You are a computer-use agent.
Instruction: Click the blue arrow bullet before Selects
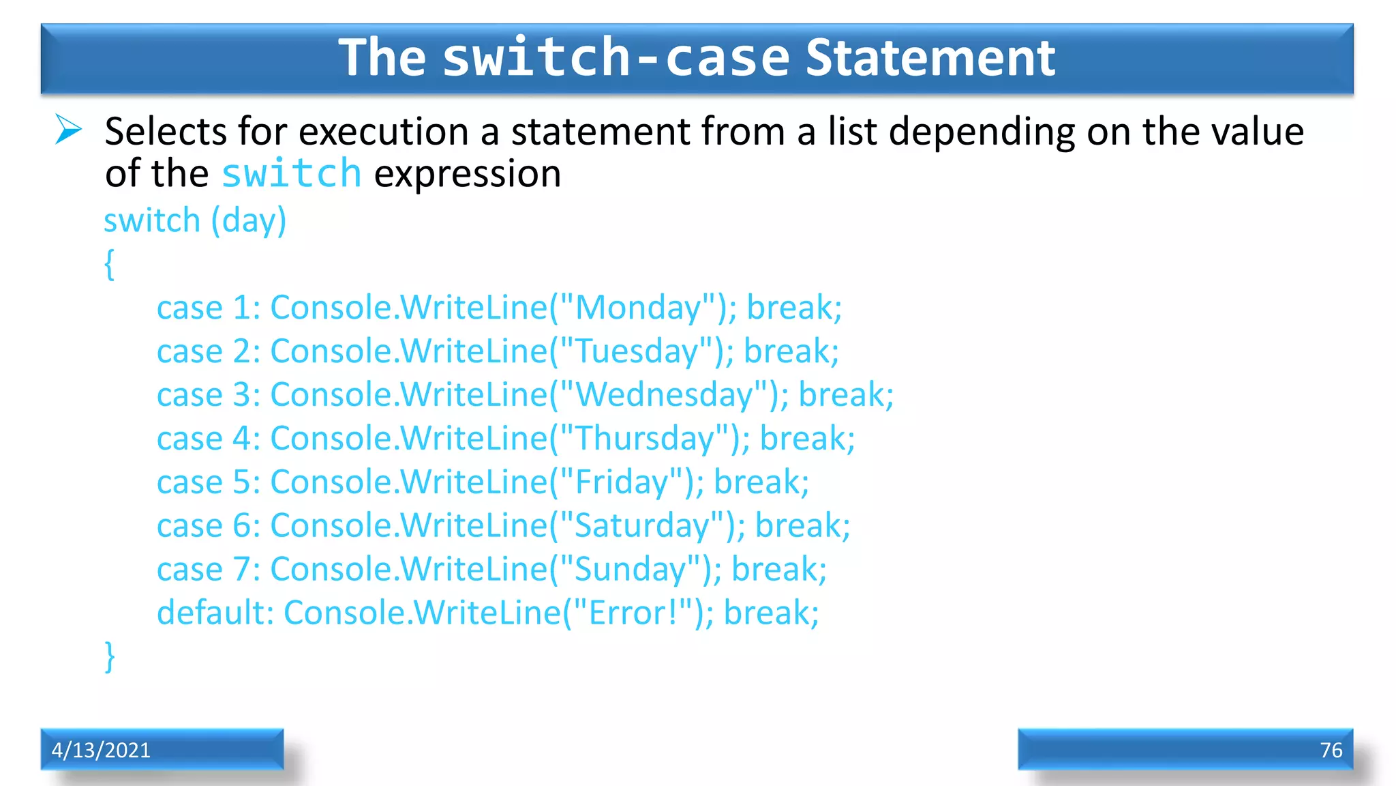(68, 130)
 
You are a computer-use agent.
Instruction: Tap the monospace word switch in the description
(291, 173)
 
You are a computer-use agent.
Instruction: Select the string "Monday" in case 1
(637, 308)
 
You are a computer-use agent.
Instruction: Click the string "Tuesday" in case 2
(636, 351)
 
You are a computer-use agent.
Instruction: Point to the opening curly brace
(110, 264)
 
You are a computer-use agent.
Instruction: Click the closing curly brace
(110, 656)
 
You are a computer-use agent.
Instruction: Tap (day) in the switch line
(249, 221)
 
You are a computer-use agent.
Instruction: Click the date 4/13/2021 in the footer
(101, 750)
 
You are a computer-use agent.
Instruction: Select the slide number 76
(1331, 750)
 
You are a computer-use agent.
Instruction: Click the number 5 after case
(242, 482)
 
